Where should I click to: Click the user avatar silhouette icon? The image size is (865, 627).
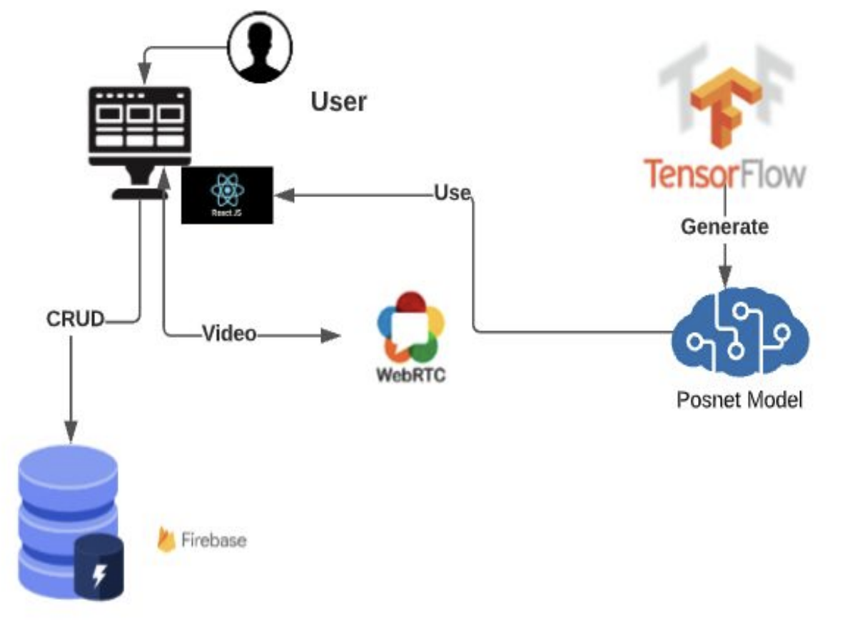[x=260, y=47]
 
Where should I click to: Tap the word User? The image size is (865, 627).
[x=338, y=102]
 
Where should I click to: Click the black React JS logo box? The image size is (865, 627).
[x=227, y=195]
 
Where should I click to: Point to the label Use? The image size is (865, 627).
[x=452, y=193]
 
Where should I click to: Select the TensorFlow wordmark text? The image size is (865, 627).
[x=725, y=173]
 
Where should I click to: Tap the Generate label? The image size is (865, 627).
[x=724, y=227]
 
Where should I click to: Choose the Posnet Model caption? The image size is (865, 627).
[x=739, y=399]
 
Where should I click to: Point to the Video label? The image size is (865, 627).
[x=229, y=333]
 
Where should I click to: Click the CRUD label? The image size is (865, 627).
[x=76, y=320]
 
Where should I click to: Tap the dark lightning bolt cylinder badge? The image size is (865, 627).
[x=99, y=567]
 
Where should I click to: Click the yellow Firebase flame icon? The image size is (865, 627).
[x=166, y=540]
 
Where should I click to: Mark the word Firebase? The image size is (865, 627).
[x=213, y=540]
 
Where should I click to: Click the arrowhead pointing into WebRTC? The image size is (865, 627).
[x=329, y=335]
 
